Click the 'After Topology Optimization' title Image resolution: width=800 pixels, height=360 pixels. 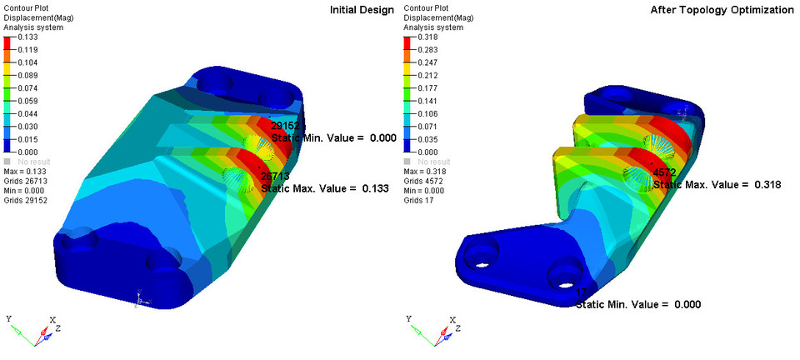pyautogui.click(x=722, y=9)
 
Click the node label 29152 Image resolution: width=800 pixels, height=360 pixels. pyautogui.click(x=285, y=126)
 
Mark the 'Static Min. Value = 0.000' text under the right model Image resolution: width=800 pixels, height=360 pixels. pyautogui.click(x=637, y=304)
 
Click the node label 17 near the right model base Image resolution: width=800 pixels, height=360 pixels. pyautogui.click(x=581, y=292)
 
